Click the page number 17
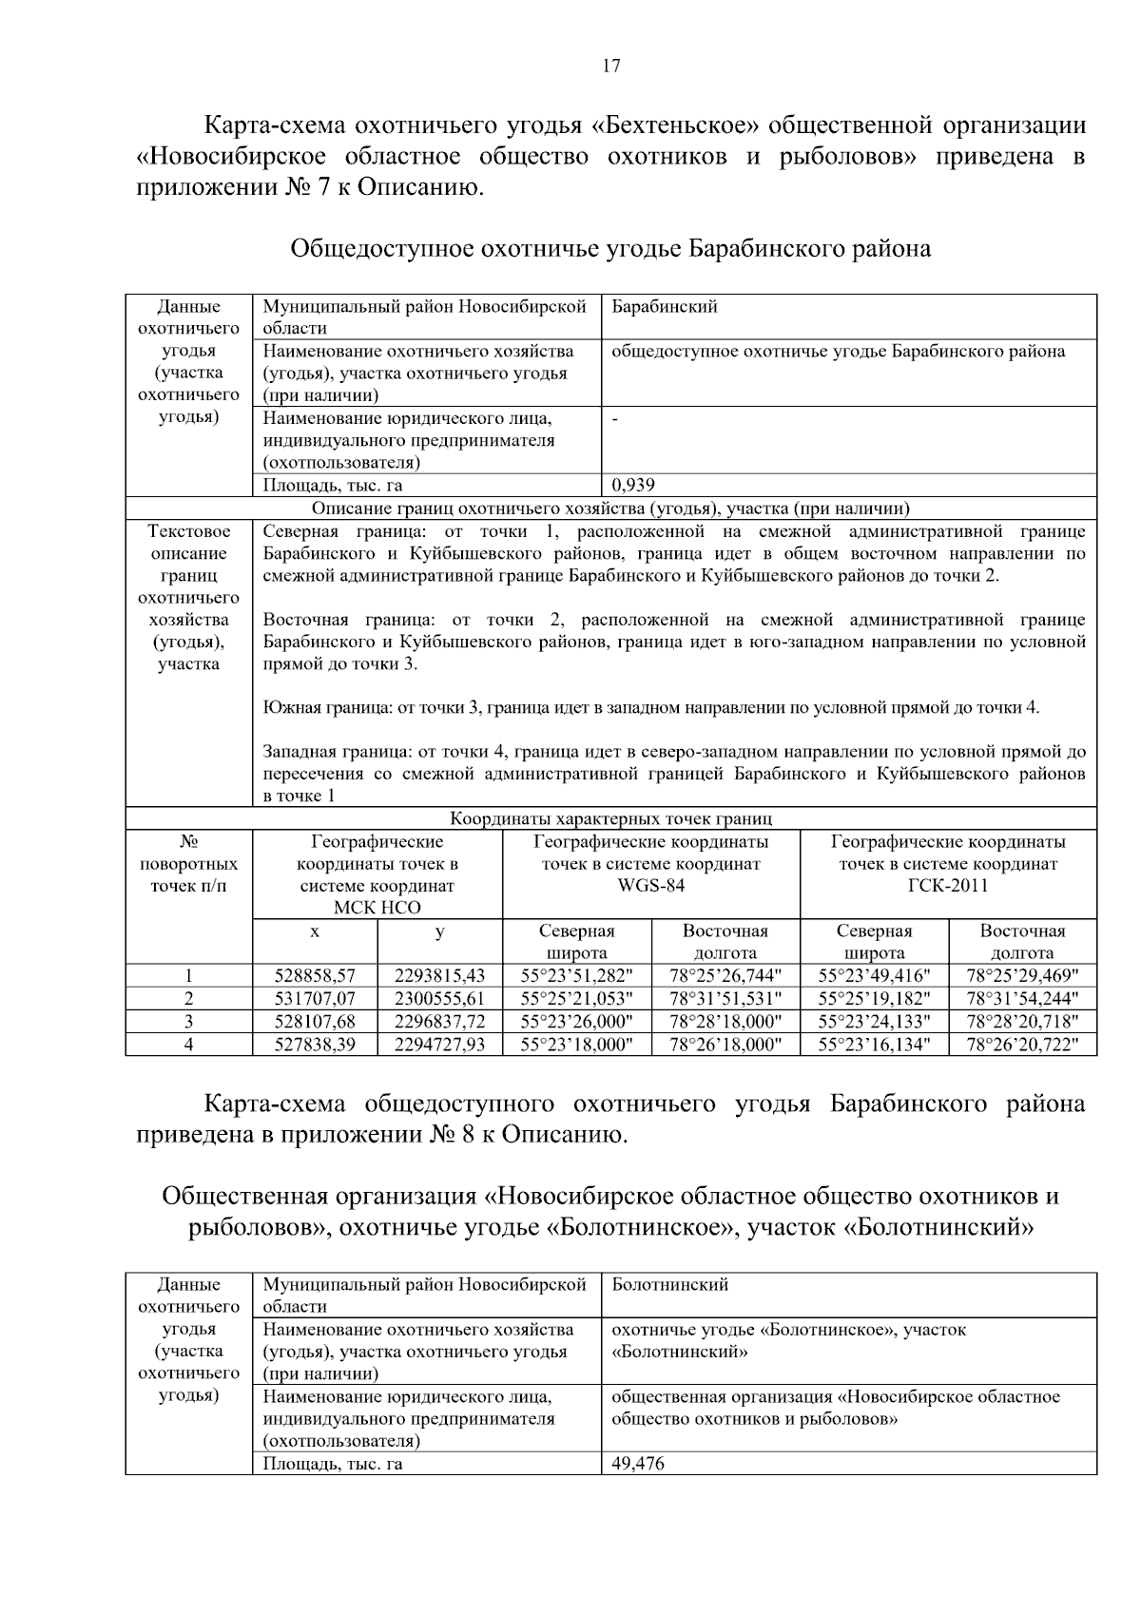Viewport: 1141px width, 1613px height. [x=610, y=66]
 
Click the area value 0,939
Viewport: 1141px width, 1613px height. [x=633, y=485]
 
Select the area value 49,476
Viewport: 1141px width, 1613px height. [x=638, y=1463]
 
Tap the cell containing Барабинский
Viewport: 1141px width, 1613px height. [x=665, y=306]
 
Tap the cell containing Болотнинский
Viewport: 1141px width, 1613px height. [x=669, y=1284]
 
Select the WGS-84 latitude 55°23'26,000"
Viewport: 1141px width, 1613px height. [x=576, y=1021]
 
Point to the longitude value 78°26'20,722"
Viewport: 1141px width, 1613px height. [x=1022, y=1044]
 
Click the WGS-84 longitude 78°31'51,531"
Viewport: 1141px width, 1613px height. [x=725, y=998]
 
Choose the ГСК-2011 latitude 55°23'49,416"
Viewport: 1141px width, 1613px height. [x=874, y=975]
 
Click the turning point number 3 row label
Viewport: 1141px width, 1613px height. [x=188, y=1021]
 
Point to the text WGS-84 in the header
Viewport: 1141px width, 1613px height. [x=650, y=886]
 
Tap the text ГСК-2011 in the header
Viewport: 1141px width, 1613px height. [x=948, y=886]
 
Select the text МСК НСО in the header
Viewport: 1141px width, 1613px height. [x=377, y=908]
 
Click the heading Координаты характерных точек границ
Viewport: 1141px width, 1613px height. [x=610, y=818]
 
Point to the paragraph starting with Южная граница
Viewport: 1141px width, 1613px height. [x=650, y=707]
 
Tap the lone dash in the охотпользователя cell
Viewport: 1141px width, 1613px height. [x=616, y=418]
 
